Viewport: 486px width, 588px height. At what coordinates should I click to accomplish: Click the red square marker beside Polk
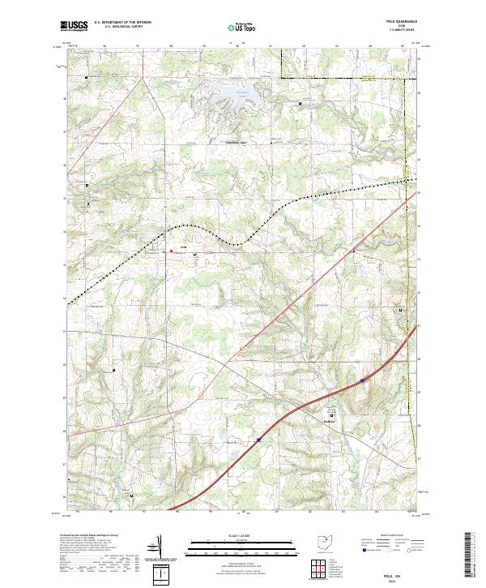171,251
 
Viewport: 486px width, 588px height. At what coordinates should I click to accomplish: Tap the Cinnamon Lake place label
236,140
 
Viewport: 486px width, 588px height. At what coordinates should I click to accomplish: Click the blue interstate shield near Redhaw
361,379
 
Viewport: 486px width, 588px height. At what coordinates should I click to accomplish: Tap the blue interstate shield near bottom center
258,440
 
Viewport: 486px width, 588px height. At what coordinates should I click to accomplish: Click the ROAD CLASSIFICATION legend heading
385,537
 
